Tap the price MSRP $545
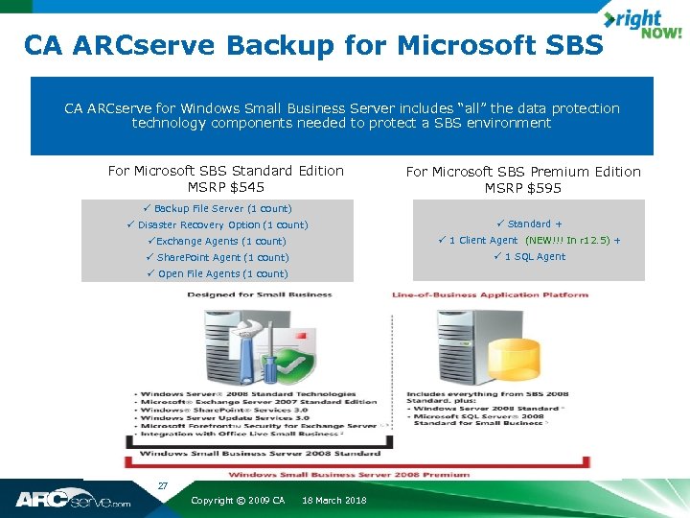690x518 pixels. coord(226,187)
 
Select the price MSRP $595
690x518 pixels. coord(523,188)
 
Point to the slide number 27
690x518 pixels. coord(163,486)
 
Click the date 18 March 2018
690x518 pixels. coord(333,501)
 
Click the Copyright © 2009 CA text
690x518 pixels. coord(238,501)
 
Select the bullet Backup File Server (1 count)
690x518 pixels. coord(222,208)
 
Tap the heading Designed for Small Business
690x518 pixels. coord(260,294)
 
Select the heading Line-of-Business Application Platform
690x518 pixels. coord(490,294)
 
